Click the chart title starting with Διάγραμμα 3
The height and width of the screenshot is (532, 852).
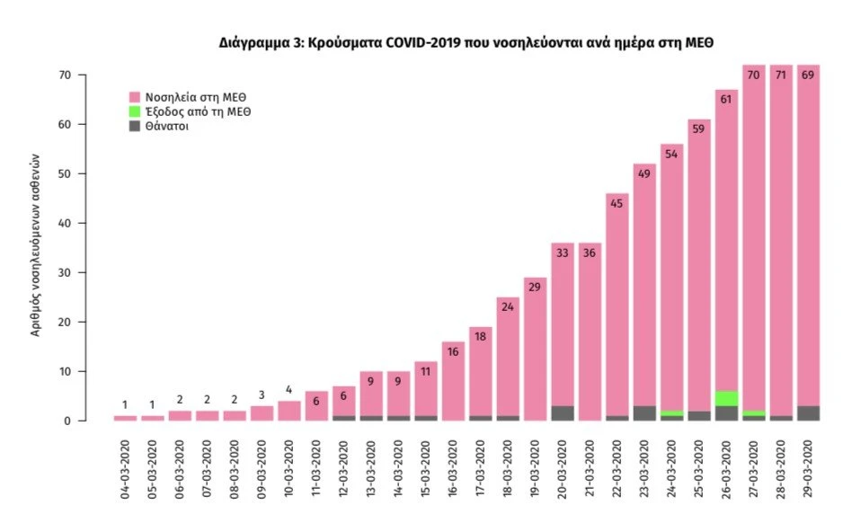click(466, 42)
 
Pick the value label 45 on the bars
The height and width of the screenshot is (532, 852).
click(617, 203)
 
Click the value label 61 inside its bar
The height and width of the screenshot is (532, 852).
click(726, 100)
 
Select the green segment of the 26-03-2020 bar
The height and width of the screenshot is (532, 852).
click(726, 398)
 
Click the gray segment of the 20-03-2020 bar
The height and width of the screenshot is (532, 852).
click(563, 412)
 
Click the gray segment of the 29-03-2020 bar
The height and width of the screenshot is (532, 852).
click(809, 412)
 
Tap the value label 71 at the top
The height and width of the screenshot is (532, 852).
click(781, 75)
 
